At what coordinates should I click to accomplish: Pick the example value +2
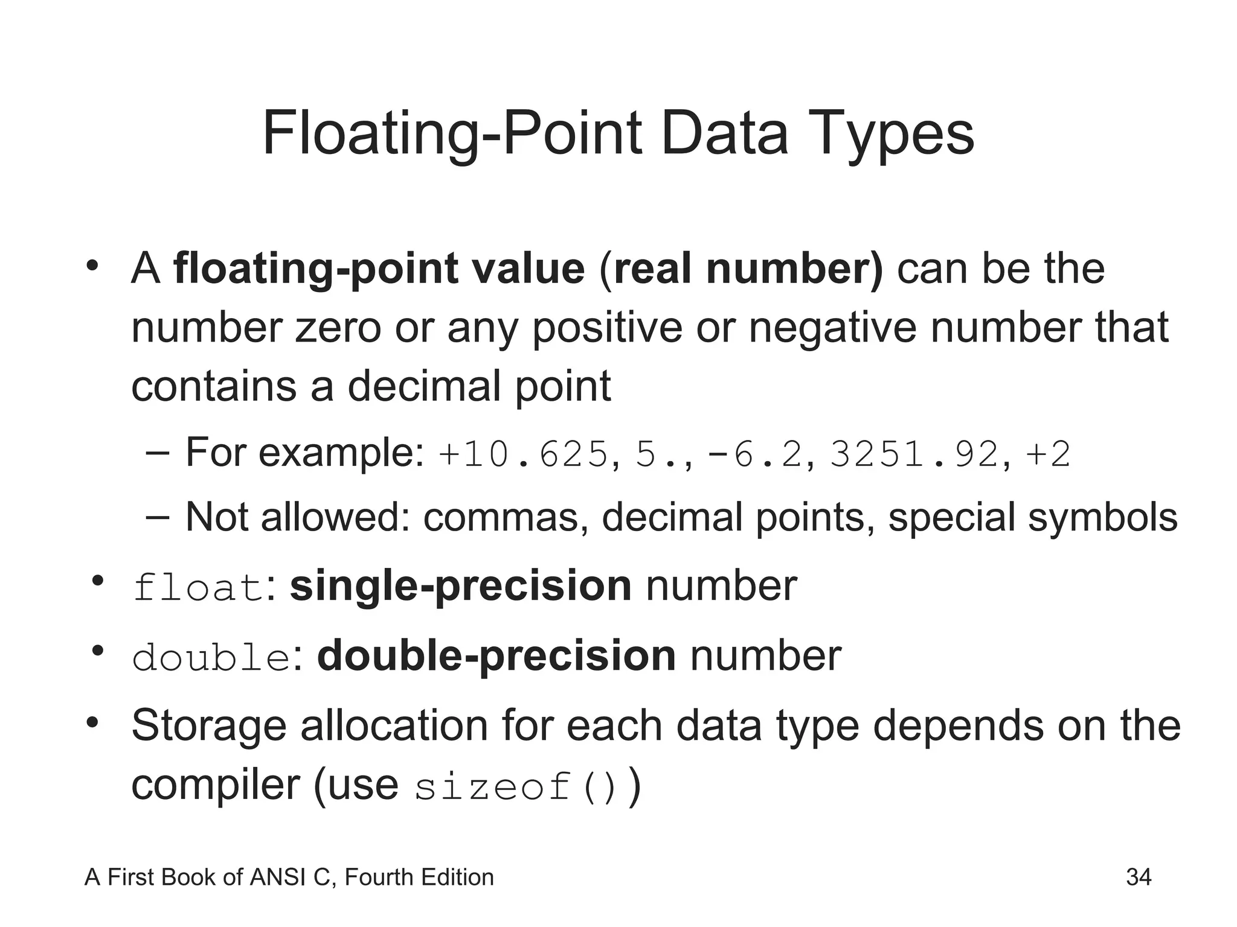coord(1049,454)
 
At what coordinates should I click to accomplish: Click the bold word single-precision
coord(460,586)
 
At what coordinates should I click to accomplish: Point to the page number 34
coord(1139,878)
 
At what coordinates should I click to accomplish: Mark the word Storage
coord(209,726)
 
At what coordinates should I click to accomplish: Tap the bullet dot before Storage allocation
coord(92,722)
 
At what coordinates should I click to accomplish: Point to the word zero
coord(338,328)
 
